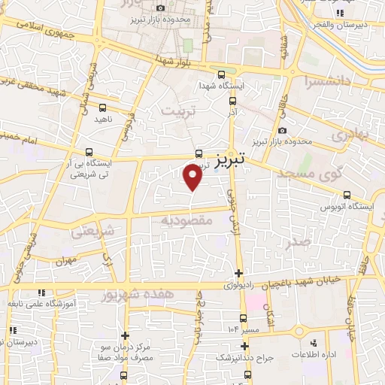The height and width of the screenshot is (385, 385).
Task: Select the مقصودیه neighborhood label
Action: click(187, 220)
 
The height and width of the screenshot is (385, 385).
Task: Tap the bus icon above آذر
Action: click(232, 101)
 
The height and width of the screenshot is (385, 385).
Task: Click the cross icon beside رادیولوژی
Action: click(238, 272)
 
